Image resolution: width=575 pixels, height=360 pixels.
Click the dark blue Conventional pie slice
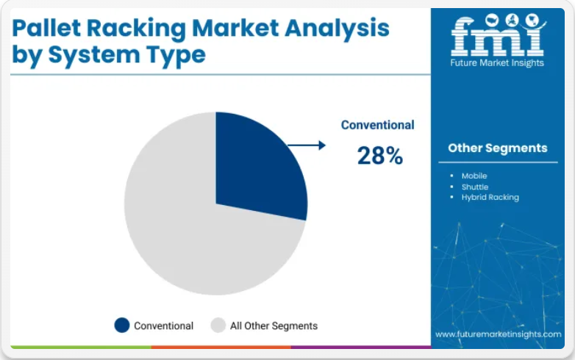(x=257, y=168)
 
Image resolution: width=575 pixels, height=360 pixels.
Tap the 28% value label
(x=380, y=155)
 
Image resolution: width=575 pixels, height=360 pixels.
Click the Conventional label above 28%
(x=377, y=125)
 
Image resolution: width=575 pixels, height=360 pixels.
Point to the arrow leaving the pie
(x=307, y=145)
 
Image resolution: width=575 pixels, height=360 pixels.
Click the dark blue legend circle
(x=122, y=325)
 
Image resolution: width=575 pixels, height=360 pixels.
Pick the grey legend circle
(x=218, y=325)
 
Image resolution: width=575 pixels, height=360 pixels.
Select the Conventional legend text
(x=163, y=325)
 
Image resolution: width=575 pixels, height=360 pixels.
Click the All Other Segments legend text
(x=274, y=325)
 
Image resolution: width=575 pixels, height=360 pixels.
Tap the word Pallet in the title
(x=46, y=28)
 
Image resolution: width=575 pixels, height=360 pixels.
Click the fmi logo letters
(x=498, y=35)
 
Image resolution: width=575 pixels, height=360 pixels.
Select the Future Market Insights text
(x=497, y=62)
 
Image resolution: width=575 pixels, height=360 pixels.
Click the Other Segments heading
(x=498, y=148)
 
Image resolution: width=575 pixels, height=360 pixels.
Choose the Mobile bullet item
(x=474, y=176)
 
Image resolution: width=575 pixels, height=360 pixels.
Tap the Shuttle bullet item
(x=475, y=187)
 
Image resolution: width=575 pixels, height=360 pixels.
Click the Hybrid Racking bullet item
(x=490, y=198)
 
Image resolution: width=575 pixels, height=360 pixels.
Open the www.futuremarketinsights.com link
(x=498, y=334)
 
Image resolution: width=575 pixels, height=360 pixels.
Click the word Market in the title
(x=235, y=28)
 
